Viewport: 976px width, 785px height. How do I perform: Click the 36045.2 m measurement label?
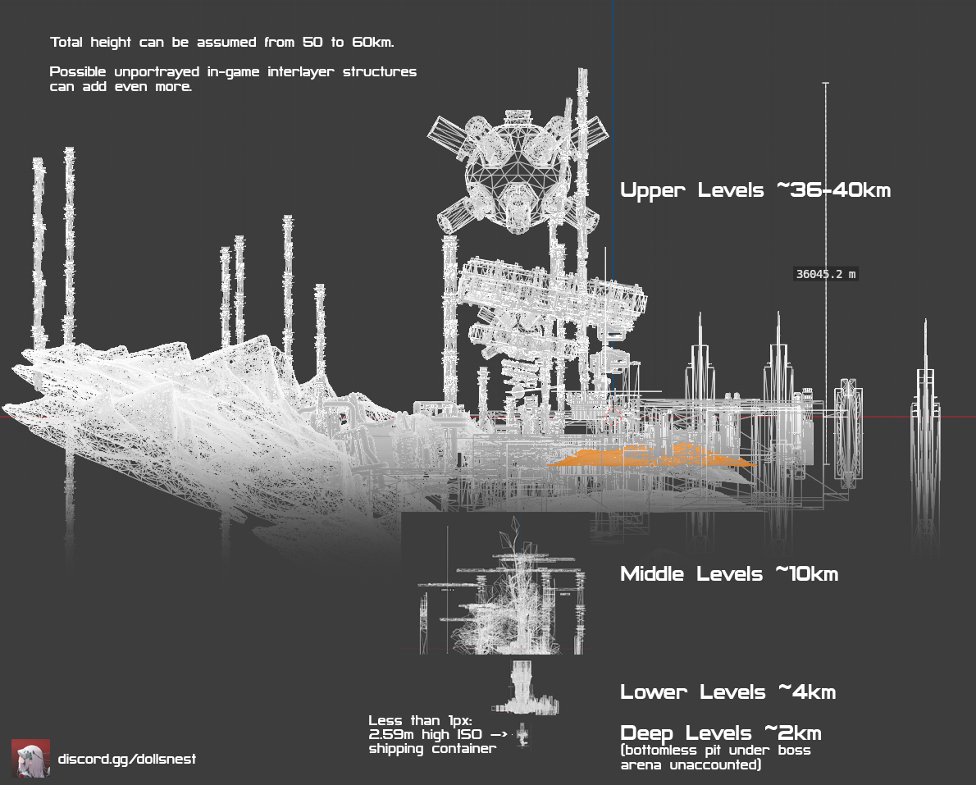(x=826, y=274)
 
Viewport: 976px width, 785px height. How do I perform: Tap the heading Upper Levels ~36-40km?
(x=755, y=190)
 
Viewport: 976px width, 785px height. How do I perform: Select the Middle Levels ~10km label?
(x=728, y=573)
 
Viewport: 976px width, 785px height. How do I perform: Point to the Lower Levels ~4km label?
(x=727, y=691)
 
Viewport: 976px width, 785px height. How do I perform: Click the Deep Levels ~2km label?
(x=720, y=733)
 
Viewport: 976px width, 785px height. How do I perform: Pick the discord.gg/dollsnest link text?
(x=127, y=759)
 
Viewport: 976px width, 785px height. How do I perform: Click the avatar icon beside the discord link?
(x=30, y=759)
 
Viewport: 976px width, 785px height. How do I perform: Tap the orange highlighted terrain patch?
(x=648, y=458)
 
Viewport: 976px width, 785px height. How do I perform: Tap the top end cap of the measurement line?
(x=826, y=84)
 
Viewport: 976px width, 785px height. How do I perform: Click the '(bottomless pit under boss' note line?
(x=715, y=751)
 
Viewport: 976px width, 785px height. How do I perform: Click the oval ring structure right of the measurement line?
(x=846, y=431)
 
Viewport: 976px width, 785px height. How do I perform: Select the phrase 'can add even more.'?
(x=121, y=86)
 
